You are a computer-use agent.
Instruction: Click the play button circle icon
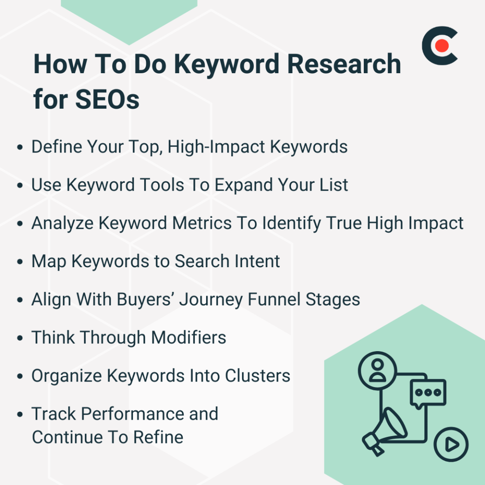450,444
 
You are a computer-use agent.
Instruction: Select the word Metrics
201,223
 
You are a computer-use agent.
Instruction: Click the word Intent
258,261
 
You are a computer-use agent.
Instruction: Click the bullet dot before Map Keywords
20,262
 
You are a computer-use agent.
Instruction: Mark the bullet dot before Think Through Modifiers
20,338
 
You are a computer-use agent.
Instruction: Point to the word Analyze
62,224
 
